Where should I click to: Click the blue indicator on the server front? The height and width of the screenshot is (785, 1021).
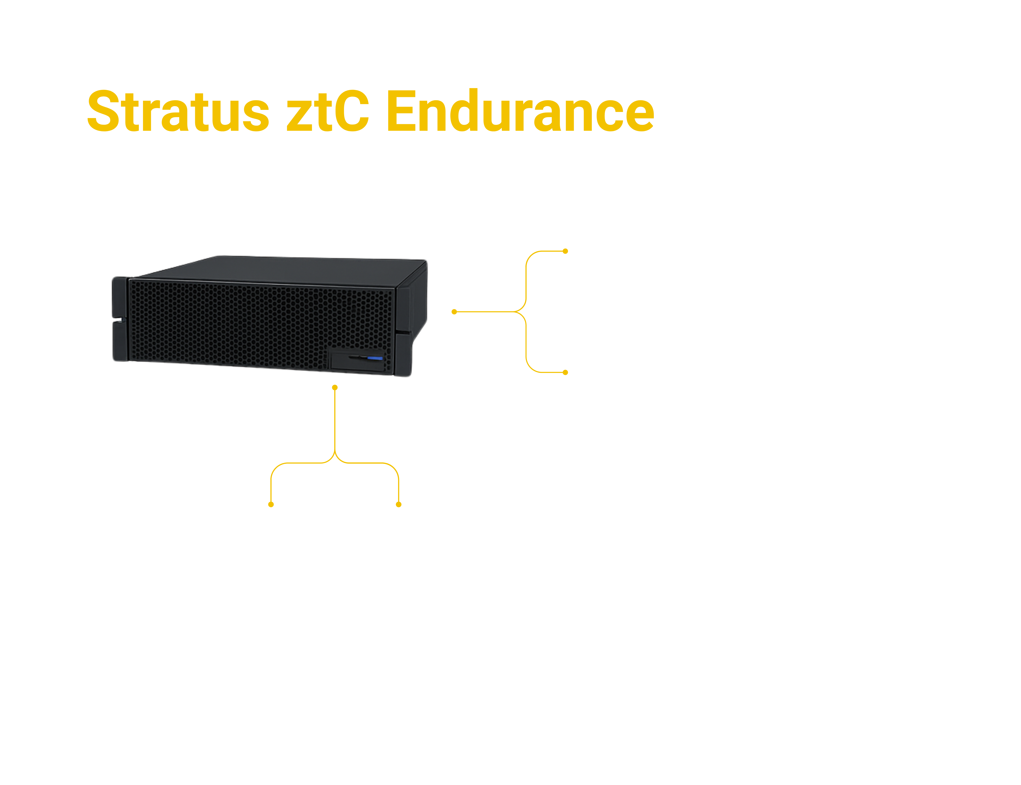pos(375,358)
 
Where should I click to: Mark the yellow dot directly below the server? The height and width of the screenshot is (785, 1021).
pos(335,387)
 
